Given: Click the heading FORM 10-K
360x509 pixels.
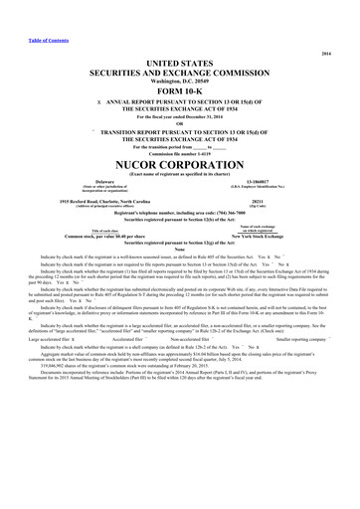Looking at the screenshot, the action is click(180, 87).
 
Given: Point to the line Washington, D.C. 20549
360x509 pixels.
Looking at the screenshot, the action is click(180, 78).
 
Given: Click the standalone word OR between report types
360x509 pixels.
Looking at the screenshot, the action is click(180, 123).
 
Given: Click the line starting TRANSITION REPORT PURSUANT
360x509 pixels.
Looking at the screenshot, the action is click(180, 131).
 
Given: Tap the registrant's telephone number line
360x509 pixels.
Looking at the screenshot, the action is click(180, 213).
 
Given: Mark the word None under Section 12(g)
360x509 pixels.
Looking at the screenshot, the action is click(180, 249).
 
